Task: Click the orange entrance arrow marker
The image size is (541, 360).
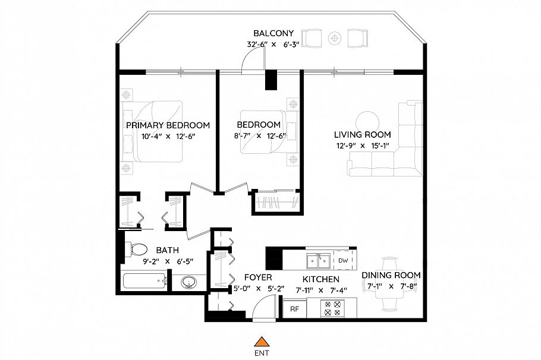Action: [x=260, y=341]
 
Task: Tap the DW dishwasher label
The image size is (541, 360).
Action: [x=343, y=260]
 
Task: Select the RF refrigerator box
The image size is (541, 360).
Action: [x=294, y=309]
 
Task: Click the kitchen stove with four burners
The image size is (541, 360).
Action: [x=331, y=309]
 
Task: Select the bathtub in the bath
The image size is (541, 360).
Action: [x=144, y=282]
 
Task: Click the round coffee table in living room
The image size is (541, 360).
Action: [x=366, y=118]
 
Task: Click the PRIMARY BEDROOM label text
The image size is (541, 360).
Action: [x=168, y=125]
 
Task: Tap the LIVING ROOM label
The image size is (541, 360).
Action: [x=362, y=135]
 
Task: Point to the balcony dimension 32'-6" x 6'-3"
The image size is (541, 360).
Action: [x=273, y=44]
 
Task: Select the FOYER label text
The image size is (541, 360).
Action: [x=258, y=277]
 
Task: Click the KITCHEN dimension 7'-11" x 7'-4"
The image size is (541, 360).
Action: [x=321, y=290]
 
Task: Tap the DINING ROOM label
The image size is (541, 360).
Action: [x=391, y=275]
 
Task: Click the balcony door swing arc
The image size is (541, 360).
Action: [x=252, y=58]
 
